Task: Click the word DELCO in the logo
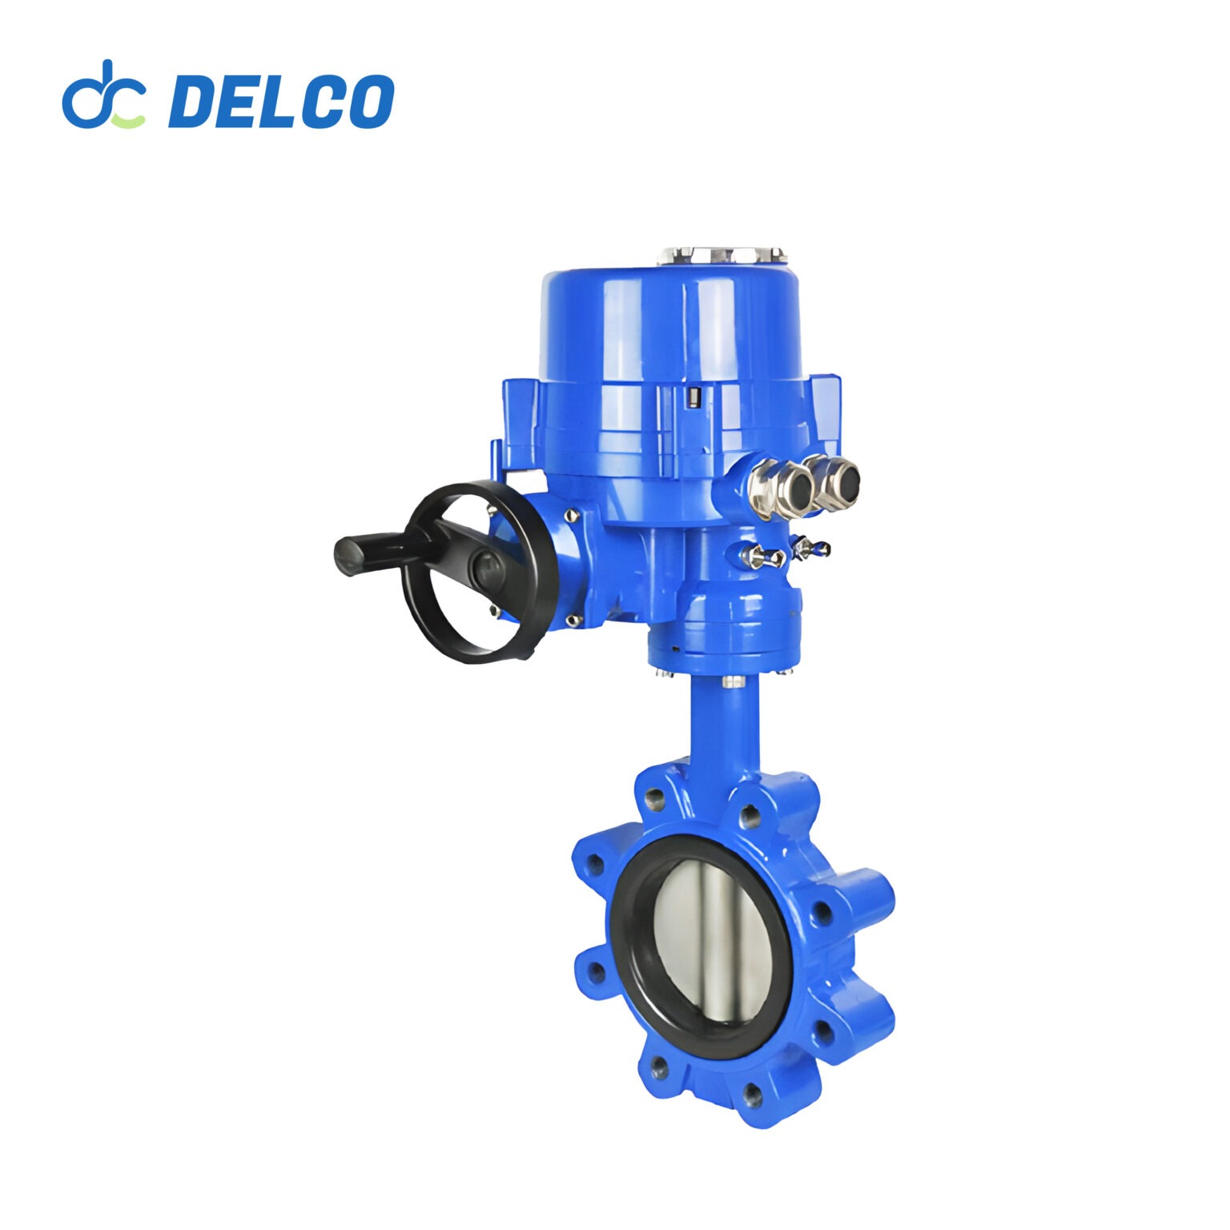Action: click(x=280, y=101)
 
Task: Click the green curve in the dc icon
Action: click(x=128, y=121)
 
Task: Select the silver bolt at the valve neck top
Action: click(x=730, y=681)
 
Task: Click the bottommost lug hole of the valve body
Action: click(x=750, y=1092)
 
